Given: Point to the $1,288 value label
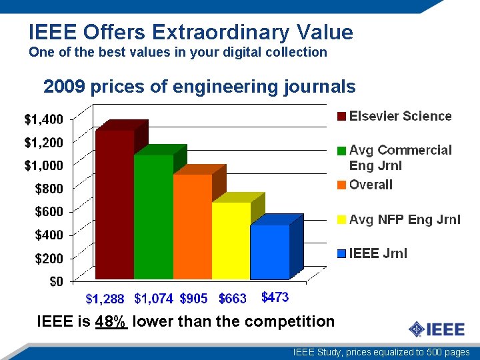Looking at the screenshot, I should click(105, 298).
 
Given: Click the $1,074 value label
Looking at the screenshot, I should click(153, 298).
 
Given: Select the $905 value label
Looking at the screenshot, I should click(193, 298).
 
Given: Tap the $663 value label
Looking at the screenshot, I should click(232, 298).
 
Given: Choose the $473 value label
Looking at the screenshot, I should click(275, 297).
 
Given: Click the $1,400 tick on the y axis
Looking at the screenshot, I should click(44, 120).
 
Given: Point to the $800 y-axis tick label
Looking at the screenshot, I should click(49, 189).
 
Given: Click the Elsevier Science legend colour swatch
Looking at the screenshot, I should click(341, 117).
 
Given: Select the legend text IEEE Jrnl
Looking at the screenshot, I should click(378, 253).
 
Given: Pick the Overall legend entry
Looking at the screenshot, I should click(371, 185).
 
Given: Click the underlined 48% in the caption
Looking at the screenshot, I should click(111, 321).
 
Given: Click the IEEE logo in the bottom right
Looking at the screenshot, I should click(433, 329).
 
